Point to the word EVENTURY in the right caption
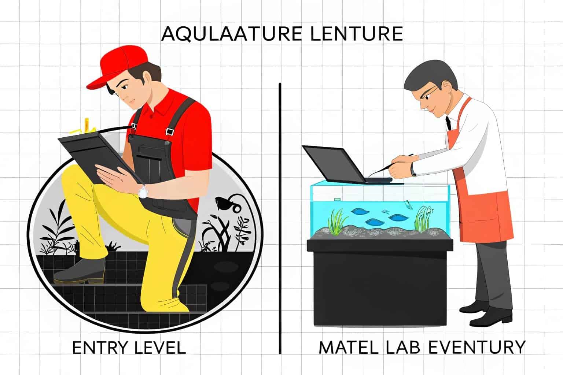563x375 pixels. click(476, 348)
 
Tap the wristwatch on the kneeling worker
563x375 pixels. click(143, 191)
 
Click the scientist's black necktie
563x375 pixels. click(448, 123)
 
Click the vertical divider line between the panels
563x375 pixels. click(280, 220)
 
